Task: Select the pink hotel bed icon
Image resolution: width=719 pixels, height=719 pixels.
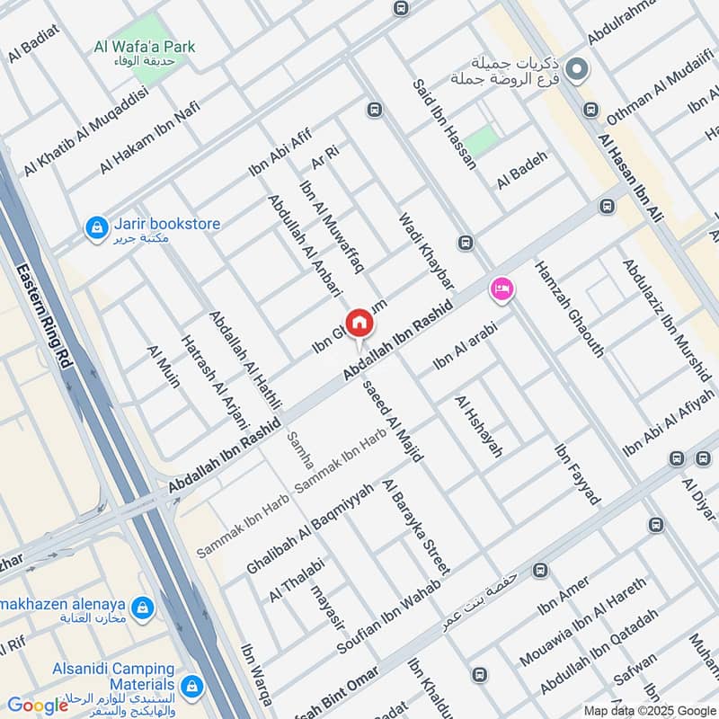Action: point(502,288)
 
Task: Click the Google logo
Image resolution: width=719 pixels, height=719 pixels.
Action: point(37,706)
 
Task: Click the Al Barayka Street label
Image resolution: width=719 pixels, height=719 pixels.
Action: point(415,527)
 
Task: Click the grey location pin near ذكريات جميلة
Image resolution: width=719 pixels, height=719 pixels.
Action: point(578,68)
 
